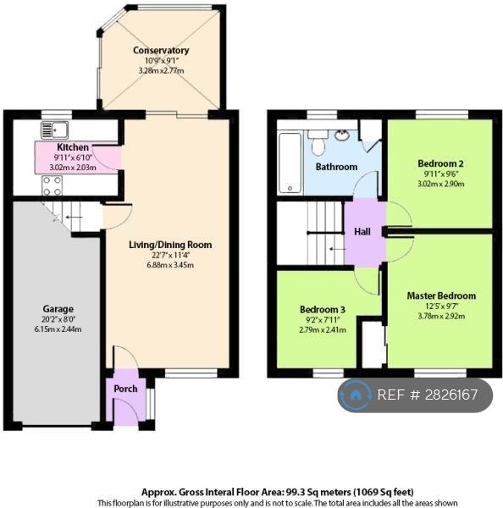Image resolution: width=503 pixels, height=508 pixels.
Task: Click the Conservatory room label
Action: (x=161, y=51)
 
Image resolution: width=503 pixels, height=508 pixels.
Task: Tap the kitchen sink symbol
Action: (x=54, y=130)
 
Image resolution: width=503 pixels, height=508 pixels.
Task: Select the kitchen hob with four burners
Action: (x=52, y=185)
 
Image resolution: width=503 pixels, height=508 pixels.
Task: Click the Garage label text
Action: (x=58, y=309)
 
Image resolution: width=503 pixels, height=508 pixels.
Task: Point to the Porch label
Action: (x=125, y=389)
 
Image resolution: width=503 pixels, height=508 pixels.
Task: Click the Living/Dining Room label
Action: (x=170, y=245)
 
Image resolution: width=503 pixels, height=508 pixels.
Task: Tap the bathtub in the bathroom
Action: (x=290, y=163)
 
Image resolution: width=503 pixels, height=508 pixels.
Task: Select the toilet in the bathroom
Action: (x=318, y=142)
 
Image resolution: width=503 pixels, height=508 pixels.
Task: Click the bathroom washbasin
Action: (x=341, y=135)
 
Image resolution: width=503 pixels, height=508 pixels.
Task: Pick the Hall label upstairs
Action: (x=362, y=232)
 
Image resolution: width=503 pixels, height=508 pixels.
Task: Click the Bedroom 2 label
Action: (x=440, y=163)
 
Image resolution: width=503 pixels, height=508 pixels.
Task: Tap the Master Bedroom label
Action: (x=441, y=295)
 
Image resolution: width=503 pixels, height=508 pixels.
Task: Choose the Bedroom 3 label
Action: (x=323, y=309)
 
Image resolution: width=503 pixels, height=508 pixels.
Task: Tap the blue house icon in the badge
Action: (x=355, y=395)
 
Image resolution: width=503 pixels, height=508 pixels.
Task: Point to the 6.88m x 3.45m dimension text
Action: (x=170, y=265)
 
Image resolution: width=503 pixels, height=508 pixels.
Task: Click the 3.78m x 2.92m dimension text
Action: (x=441, y=316)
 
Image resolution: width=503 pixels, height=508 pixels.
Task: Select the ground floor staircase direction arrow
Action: (x=74, y=217)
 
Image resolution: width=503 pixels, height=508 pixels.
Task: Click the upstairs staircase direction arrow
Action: (x=337, y=249)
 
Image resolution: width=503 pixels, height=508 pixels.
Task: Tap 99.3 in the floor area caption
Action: (x=295, y=493)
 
